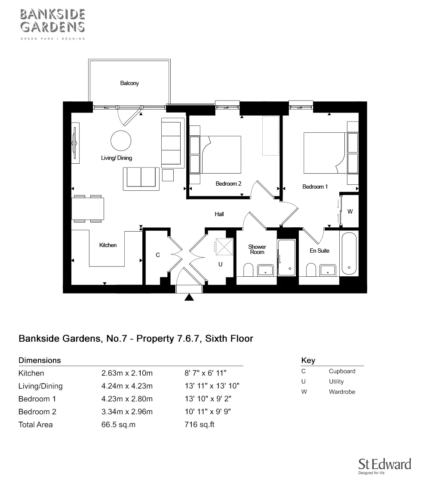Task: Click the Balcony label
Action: coord(129,83)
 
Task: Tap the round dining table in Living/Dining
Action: coord(121,139)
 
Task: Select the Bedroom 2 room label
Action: coord(228,184)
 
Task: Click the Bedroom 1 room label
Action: coord(315,187)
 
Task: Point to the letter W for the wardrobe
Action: coord(350,211)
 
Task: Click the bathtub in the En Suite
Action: coord(348,254)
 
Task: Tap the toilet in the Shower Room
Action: coord(248,270)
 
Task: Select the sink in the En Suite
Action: coord(329,270)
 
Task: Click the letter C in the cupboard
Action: coord(158,255)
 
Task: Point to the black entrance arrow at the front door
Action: coord(189,298)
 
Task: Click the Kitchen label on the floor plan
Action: coord(108,245)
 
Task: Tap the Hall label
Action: coord(219,214)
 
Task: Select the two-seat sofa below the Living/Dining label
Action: coord(141,178)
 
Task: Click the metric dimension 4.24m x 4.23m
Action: coord(127,386)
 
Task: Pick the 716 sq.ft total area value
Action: coord(199,425)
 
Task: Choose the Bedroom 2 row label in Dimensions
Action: coord(37,412)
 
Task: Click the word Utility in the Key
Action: coord(336,382)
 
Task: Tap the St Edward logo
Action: coord(384,466)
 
